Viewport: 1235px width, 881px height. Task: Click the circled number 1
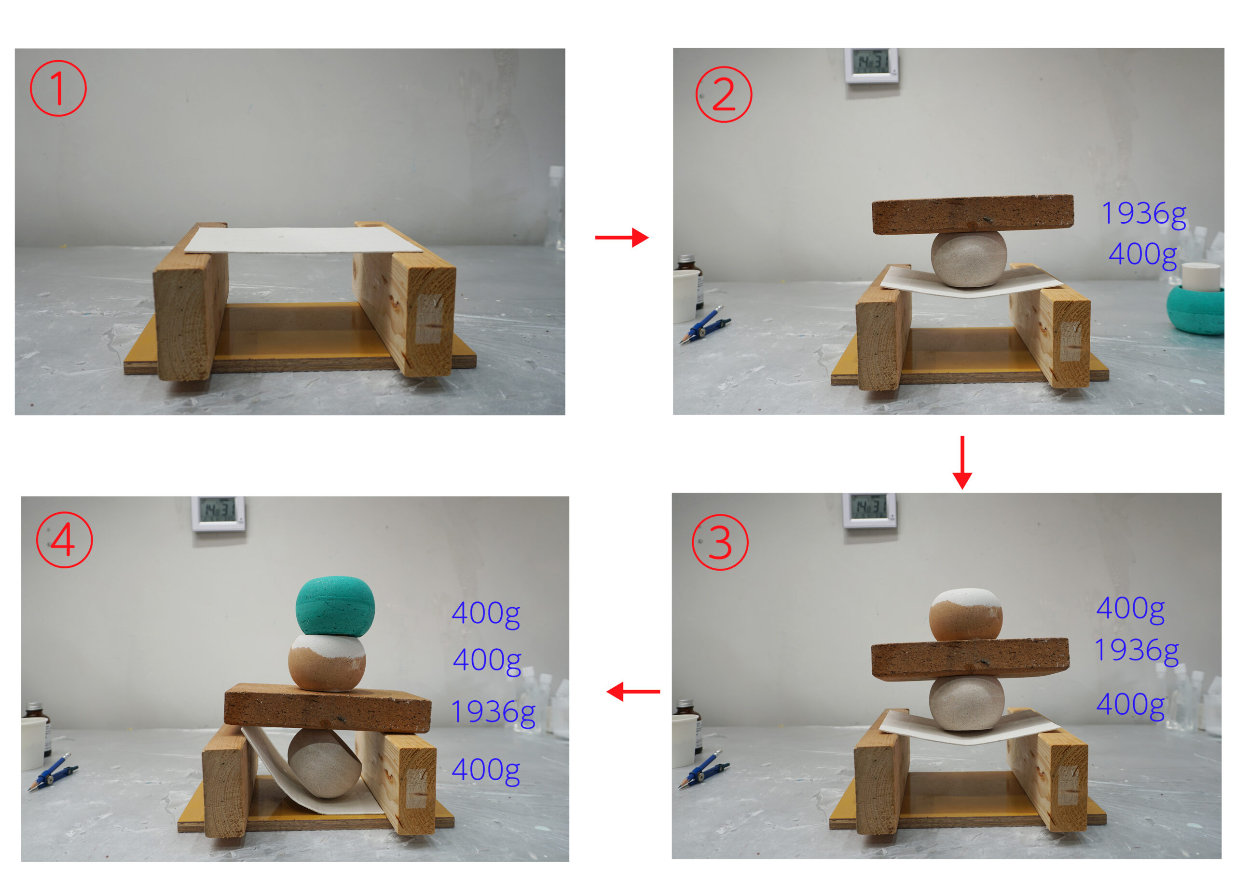[x=58, y=88]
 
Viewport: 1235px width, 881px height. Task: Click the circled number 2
[x=724, y=94]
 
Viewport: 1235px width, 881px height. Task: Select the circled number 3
[x=720, y=542]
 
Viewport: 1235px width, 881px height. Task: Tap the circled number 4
[x=64, y=540]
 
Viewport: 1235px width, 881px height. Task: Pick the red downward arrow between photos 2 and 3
[x=962, y=462]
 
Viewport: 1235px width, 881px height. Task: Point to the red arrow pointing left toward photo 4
[x=633, y=692]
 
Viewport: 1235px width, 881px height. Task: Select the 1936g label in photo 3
[x=1136, y=651]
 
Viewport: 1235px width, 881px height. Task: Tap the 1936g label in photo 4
[x=493, y=712]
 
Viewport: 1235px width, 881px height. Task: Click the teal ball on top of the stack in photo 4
[x=335, y=605]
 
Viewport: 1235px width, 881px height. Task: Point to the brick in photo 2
[x=972, y=214]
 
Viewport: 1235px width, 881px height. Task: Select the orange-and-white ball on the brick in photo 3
[x=966, y=614]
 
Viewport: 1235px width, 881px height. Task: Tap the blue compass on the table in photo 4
[x=53, y=772]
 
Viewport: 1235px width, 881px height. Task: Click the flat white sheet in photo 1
[x=303, y=240]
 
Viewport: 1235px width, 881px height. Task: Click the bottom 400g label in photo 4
[x=486, y=770]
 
